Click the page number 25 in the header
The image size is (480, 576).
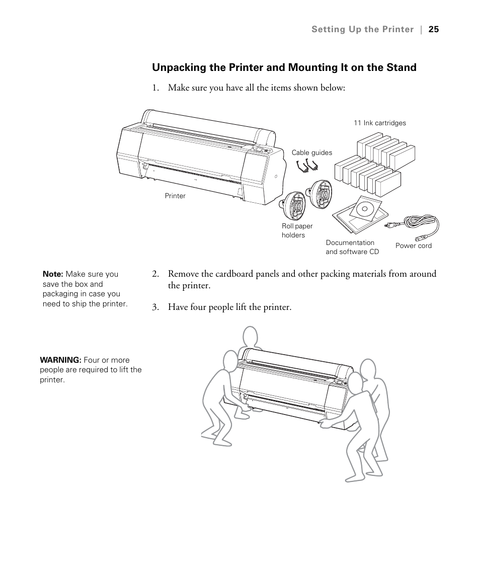[x=434, y=29]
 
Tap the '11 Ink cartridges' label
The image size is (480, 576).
[x=379, y=123]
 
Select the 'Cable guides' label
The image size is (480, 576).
[x=312, y=152]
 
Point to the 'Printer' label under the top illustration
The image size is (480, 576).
[x=175, y=196]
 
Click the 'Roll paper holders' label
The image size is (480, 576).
[x=297, y=230]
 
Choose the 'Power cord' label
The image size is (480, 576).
[x=413, y=245]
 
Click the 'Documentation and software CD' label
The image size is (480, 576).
[x=352, y=247]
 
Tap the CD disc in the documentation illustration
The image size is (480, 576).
[x=365, y=207]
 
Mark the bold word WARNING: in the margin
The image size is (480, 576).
[x=60, y=360]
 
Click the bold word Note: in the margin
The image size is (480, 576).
[x=53, y=274]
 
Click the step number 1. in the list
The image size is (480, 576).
[x=155, y=88]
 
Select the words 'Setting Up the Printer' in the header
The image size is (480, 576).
[x=362, y=29]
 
